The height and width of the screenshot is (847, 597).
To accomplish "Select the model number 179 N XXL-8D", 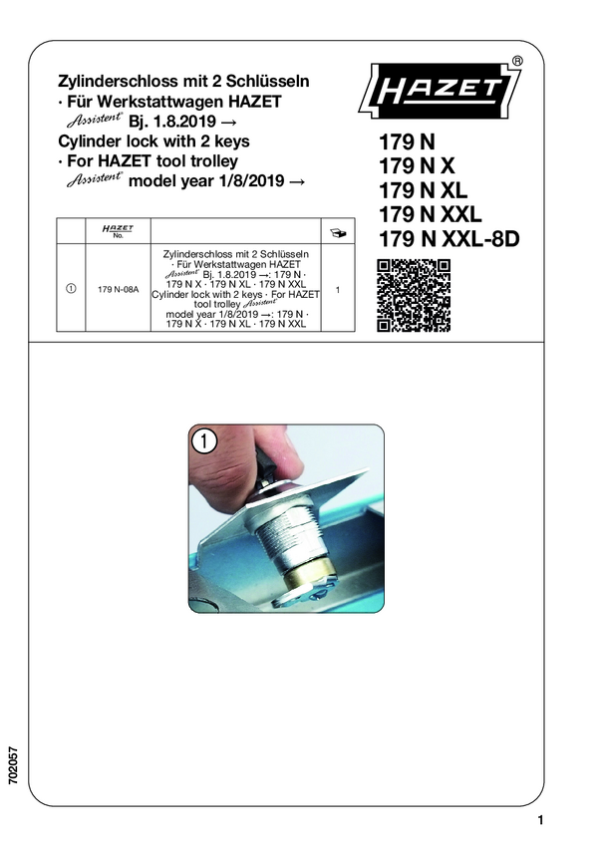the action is click(x=448, y=238).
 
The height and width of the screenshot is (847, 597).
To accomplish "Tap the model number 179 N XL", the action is click(x=423, y=190).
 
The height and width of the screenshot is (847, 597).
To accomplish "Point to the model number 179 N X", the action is click(x=417, y=165).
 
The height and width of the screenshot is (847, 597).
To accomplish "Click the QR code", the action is click(x=414, y=296).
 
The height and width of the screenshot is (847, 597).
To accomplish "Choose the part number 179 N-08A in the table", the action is click(x=118, y=290).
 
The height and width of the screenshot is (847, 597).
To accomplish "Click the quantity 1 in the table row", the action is click(x=338, y=290).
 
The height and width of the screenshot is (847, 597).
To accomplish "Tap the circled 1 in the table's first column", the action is click(x=71, y=288).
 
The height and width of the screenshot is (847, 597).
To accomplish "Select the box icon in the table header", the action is click(x=338, y=233).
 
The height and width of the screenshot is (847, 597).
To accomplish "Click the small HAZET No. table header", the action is click(x=118, y=231).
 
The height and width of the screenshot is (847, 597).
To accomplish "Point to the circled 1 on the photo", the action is click(x=204, y=440).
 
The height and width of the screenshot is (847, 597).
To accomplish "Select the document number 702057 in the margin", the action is click(x=14, y=765).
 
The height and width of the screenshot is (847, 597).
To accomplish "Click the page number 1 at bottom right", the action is click(x=540, y=820).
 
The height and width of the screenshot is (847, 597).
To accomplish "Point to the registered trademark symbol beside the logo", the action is click(x=517, y=61).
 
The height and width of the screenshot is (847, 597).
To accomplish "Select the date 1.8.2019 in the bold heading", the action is click(x=185, y=121).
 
